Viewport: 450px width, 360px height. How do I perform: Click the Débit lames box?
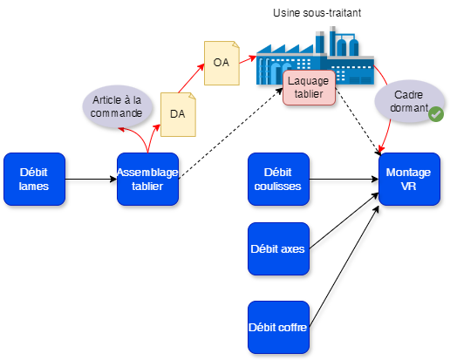tap(34, 180)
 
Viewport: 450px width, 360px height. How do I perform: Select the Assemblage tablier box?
tap(147, 180)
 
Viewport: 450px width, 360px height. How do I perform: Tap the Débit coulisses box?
tap(278, 180)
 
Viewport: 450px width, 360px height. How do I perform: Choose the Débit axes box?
tap(278, 248)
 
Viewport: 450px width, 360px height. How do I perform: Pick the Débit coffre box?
tap(278, 327)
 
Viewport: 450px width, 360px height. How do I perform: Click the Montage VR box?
tap(409, 180)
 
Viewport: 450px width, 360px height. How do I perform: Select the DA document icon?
tap(178, 113)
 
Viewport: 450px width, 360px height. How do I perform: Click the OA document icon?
tap(222, 63)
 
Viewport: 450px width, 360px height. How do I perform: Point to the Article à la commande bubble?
tap(117, 107)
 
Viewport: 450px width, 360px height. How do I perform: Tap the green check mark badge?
tap(435, 113)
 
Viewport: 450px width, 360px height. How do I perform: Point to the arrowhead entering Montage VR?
tap(384, 148)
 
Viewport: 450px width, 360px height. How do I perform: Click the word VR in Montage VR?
tap(409, 187)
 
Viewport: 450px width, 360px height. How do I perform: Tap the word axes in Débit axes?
tap(292, 248)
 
